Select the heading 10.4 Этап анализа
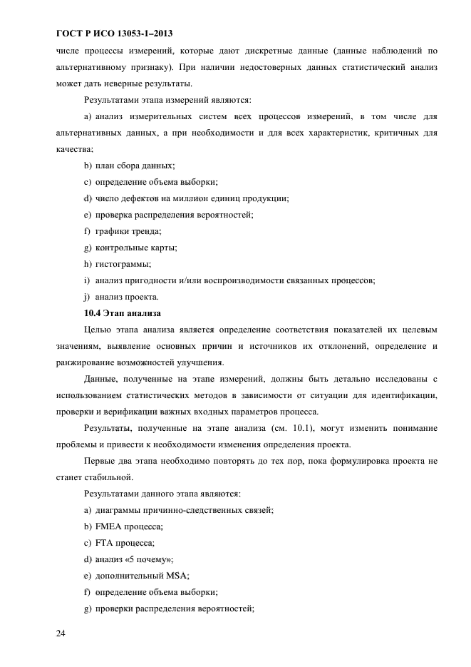123,313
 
